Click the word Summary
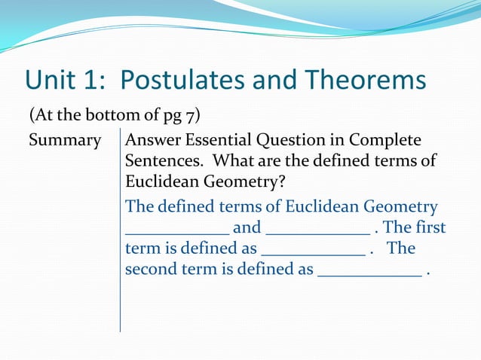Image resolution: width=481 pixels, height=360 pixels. [x=65, y=141]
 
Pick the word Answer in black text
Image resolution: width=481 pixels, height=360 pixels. [x=154, y=141]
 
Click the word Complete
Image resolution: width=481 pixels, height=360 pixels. [x=390, y=141]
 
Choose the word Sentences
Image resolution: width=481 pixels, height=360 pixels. [x=158, y=161]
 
